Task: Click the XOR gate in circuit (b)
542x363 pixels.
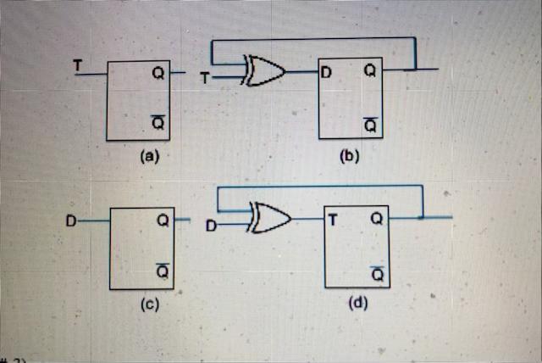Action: (263, 72)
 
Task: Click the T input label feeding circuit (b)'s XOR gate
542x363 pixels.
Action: (203, 79)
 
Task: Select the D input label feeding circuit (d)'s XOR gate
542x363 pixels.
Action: (211, 226)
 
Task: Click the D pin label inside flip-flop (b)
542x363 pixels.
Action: (326, 70)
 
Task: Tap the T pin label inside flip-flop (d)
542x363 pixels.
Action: (334, 219)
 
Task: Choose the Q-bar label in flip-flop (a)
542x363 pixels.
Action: (158, 123)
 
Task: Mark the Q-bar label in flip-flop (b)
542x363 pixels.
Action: (369, 124)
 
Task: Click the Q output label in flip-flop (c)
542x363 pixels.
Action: (162, 221)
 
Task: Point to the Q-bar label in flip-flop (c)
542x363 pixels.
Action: (162, 271)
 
